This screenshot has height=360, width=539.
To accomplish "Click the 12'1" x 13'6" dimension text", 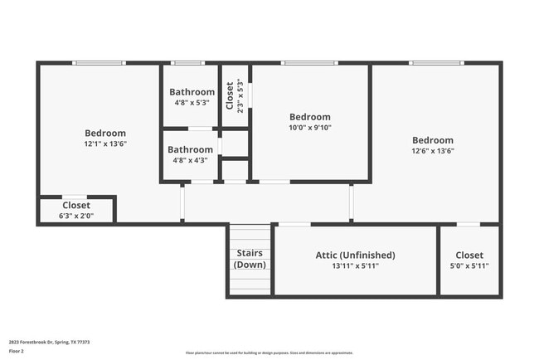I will [x=105, y=144].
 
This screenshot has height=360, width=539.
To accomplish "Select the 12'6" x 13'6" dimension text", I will [x=433, y=151].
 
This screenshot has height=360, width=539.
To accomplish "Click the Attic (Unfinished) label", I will [x=355, y=255].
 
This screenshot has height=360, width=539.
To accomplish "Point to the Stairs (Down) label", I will [x=250, y=259].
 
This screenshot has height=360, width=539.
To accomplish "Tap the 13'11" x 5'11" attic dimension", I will [x=355, y=266].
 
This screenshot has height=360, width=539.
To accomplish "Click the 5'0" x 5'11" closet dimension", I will [x=469, y=266].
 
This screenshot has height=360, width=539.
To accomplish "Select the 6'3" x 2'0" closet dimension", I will [x=76, y=216].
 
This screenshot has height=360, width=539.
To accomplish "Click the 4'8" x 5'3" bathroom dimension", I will [x=192, y=103].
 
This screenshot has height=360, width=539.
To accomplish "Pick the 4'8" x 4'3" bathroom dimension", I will [x=190, y=161].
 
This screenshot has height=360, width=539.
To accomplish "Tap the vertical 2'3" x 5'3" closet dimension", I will [x=240, y=95].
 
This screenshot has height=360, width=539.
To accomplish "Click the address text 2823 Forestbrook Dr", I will [x=50, y=342].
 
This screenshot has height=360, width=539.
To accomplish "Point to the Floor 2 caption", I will [x=17, y=351].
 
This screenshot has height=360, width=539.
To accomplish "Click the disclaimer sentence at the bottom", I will [x=269, y=353].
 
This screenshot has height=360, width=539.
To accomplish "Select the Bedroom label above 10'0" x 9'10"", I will [x=309, y=117].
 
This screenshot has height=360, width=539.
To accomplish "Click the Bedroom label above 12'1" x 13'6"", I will [x=105, y=133].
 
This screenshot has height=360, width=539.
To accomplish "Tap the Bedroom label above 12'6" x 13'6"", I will [x=433, y=140].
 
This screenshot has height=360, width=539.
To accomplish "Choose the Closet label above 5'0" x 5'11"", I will [x=469, y=255].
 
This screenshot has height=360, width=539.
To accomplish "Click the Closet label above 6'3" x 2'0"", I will [x=76, y=205].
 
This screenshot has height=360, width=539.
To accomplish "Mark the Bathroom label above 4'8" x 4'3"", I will [x=190, y=150].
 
